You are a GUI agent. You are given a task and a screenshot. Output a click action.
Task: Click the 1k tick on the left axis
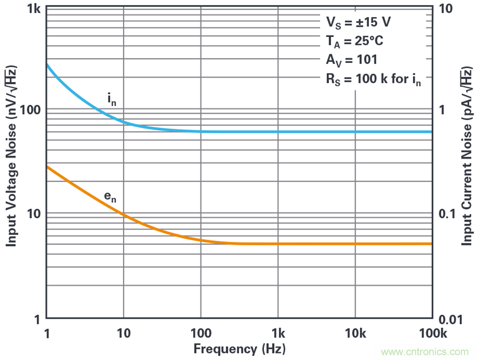coord(34,10)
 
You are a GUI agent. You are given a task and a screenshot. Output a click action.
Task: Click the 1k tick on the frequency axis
coord(278,333)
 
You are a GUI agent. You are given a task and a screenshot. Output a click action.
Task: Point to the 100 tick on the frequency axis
coord(201,333)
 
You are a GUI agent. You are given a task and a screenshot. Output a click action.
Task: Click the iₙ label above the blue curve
coord(111,99)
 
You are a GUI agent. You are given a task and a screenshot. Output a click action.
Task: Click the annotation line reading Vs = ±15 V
coord(358,22)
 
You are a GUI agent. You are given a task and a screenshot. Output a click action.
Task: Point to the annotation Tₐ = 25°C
coord(354,42)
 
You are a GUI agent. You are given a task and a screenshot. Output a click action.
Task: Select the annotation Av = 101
coord(352,60)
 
